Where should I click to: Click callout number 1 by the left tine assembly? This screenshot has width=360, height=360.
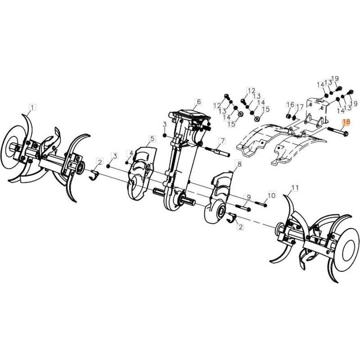coord(32,108)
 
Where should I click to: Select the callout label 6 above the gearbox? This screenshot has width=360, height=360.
coord(198,102)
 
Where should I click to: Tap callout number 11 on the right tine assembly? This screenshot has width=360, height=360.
coord(295,188)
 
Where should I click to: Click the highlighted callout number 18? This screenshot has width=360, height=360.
coord(346,121)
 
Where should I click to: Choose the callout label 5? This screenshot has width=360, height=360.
coord(152,139)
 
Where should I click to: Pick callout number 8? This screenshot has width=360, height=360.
coord(239,164)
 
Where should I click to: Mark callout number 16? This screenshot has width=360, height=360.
coord(290,105)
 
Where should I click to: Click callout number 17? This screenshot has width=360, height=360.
coord(300,107)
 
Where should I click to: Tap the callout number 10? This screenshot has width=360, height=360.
coord(271,195)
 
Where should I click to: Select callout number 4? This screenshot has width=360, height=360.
coord(131,153)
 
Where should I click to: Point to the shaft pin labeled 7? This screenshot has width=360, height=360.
coord(217,152)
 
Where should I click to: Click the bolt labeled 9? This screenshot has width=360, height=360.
coord(243,207)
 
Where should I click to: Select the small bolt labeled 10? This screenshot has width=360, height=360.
coord(261,204)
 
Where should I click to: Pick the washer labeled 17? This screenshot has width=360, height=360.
coord(295,118)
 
